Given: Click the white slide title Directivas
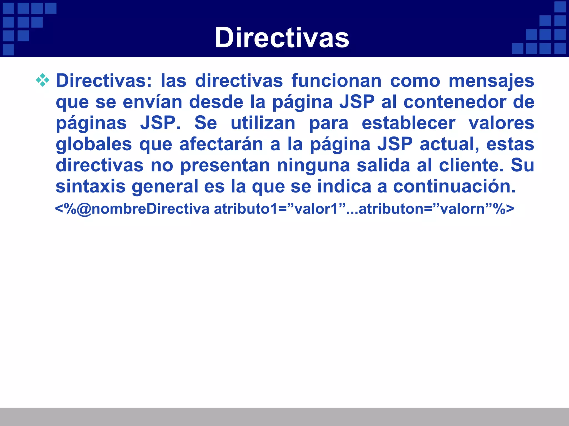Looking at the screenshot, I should [282, 38].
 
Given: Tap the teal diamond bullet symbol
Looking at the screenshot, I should [43, 80].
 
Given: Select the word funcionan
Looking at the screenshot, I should [336, 81].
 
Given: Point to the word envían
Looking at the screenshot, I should [152, 102].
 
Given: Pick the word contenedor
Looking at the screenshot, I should [455, 102].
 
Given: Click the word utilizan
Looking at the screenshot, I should [263, 123].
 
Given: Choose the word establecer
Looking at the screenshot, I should [408, 123].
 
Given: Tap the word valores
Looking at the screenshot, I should [501, 123].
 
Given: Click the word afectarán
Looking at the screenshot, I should [221, 144].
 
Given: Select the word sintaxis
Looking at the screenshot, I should [91, 186].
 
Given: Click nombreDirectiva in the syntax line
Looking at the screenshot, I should [150, 209].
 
